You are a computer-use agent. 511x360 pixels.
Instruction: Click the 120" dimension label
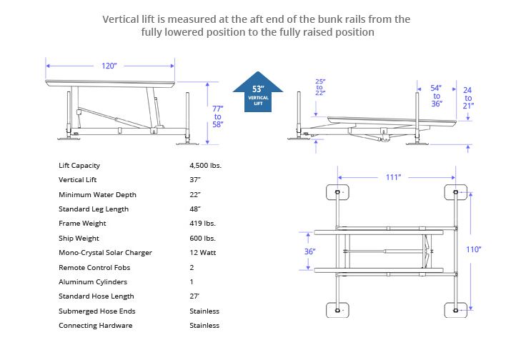coord(109,66)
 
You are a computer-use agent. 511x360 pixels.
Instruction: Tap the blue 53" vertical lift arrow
coord(258,91)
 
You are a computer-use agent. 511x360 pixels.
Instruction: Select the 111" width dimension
coord(392,177)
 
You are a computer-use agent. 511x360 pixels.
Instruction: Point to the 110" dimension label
coord(473,249)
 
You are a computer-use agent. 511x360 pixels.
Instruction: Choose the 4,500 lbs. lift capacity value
coord(205,166)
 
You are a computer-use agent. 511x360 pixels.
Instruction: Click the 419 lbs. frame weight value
coord(201,224)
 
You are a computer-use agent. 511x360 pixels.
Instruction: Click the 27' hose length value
coord(194,296)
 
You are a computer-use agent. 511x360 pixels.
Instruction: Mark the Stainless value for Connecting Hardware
coord(204,326)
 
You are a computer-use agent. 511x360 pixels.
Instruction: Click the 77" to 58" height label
coord(217,116)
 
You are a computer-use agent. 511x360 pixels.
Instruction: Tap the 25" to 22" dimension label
coord(319,87)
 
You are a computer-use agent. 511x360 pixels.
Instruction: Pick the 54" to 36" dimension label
coord(437,96)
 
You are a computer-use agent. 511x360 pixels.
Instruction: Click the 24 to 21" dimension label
coord(467,97)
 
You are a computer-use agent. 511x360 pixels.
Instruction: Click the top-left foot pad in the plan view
coord(337,193)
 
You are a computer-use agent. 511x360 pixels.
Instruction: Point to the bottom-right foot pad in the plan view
coord(455,309)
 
